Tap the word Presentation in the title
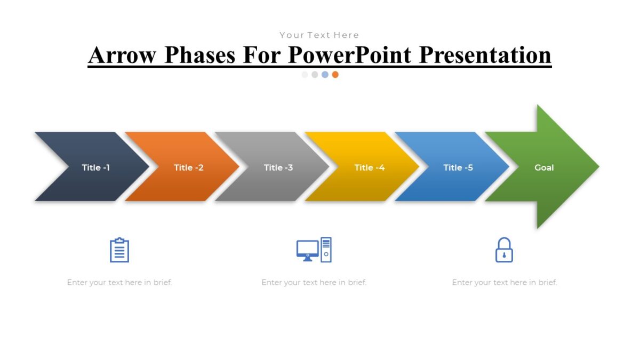tap(485, 55)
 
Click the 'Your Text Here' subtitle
tap(319, 35)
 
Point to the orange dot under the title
tap(335, 75)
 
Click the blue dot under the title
tap(325, 75)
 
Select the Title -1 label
tap(96, 167)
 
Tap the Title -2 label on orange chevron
tap(189, 167)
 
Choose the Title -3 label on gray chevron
tap(278, 167)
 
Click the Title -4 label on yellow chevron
tap(370, 167)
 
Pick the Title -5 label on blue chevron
tap(458, 167)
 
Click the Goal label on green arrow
tap(544, 167)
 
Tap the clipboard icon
tap(119, 250)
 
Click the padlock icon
tap(504, 250)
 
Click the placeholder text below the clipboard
tap(119, 283)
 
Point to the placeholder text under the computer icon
tap(314, 283)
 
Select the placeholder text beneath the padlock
tap(505, 283)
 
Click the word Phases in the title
tap(200, 55)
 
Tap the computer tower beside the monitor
tap(326, 250)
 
